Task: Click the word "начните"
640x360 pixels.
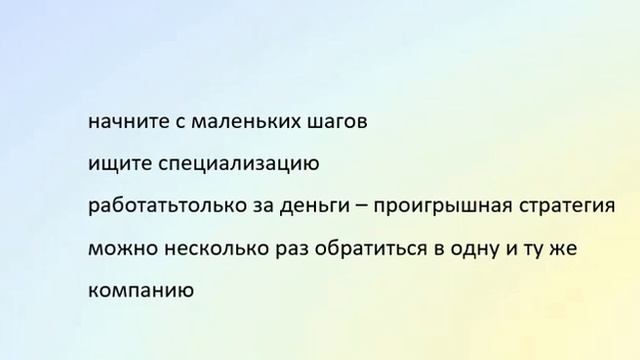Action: coord(124,124)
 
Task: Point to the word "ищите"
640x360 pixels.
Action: coord(113,165)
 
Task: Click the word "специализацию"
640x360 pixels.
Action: coord(230,165)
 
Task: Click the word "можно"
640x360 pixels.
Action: coord(121,247)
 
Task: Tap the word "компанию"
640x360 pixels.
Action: coord(134,291)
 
